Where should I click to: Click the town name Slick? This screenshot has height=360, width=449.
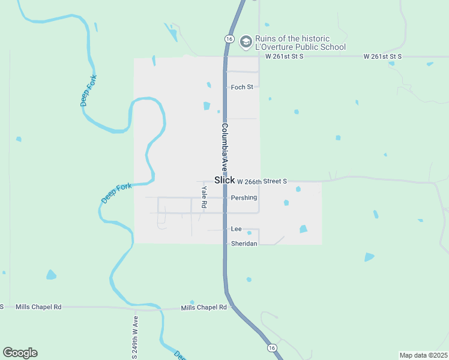click(224, 180)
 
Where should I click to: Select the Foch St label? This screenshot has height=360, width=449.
click(242, 87)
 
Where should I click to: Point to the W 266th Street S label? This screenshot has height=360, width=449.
click(262, 181)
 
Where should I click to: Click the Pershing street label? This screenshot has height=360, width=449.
click(244, 197)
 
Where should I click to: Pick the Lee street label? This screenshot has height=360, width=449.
click(236, 229)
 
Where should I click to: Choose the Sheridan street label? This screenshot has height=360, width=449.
click(244, 244)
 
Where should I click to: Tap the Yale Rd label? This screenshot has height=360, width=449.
click(204, 197)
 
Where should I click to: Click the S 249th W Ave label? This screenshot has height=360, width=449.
click(135, 337)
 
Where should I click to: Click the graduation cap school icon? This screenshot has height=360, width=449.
click(245, 42)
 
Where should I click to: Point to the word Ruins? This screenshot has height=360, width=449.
click(268, 38)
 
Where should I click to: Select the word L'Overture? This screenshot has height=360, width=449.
click(274, 47)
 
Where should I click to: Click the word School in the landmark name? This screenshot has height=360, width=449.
click(333, 47)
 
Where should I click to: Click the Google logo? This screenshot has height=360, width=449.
click(20, 353)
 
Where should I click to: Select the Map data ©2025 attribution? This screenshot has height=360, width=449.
click(423, 355)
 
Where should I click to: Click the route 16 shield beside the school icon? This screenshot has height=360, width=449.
click(229, 38)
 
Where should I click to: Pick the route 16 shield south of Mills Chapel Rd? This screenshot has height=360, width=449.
click(272, 347)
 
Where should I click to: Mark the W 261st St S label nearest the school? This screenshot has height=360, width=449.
click(284, 56)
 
